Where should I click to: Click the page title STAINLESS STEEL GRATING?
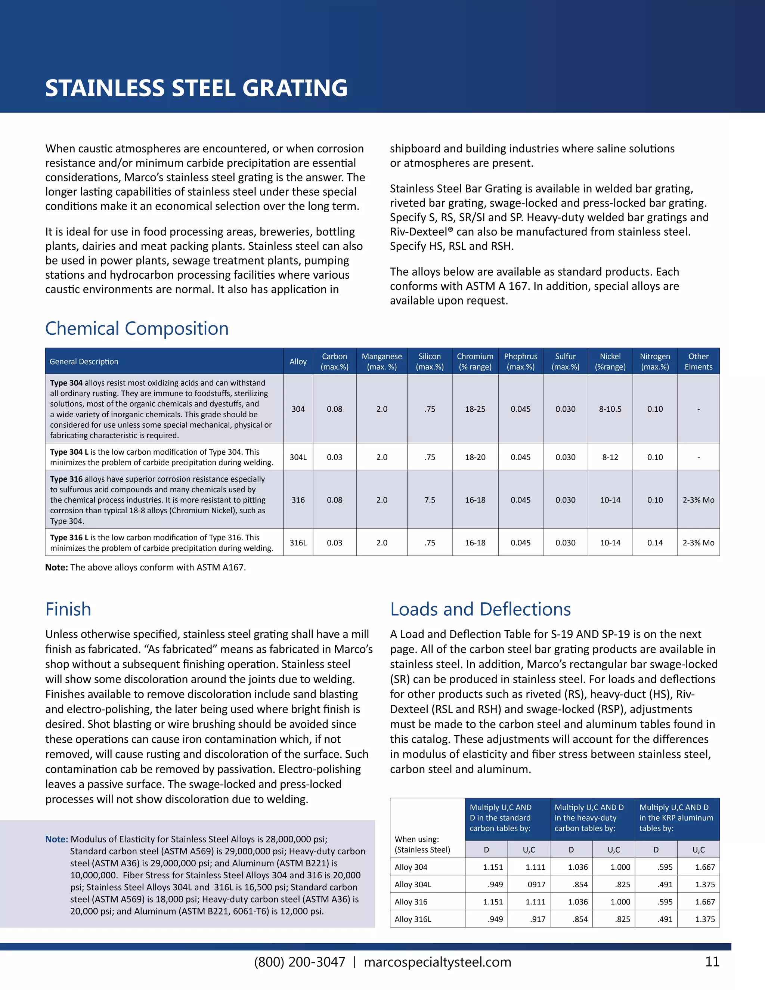tap(196, 88)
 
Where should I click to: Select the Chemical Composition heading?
tap(137, 328)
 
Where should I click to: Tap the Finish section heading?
tap(68, 609)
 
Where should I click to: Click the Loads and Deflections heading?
tap(480, 609)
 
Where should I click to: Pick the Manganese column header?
tap(382, 361)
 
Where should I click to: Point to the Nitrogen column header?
tap(655, 361)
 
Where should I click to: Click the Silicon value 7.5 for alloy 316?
tap(430, 499)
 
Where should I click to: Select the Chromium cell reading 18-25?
tap(475, 409)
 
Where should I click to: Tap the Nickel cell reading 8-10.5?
tap(610, 409)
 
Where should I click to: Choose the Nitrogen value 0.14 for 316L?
tap(655, 542)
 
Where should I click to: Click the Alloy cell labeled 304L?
tap(298, 457)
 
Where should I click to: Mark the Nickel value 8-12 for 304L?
tap(610, 457)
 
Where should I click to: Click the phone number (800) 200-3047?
tap(300, 962)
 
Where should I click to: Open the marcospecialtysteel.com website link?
tap(437, 962)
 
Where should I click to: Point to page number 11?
tap(712, 962)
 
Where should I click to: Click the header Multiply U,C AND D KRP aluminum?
tap(676, 818)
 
